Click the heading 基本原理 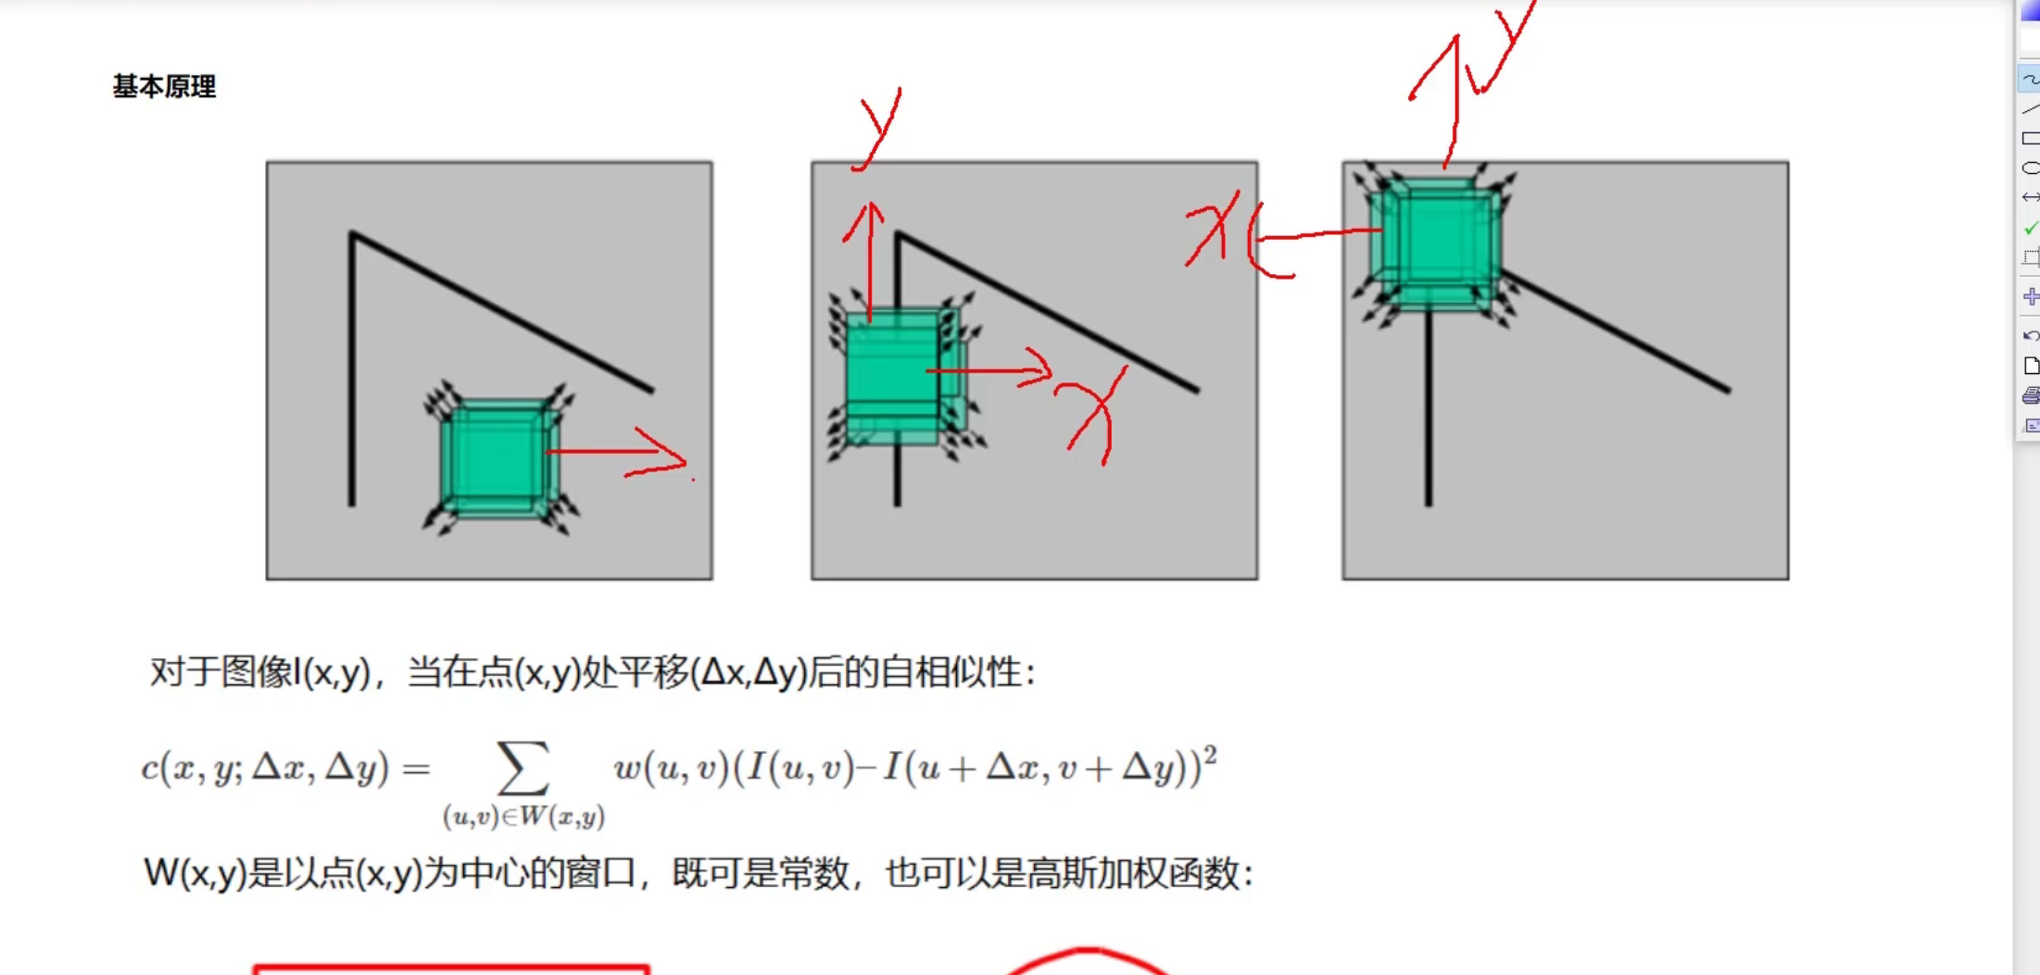[x=164, y=87]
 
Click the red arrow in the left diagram [x=616, y=453]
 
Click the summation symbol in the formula [x=523, y=768]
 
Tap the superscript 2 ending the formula [x=1209, y=756]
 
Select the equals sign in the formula [x=416, y=769]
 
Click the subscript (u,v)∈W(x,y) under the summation [x=523, y=817]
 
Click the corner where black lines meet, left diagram [x=352, y=233]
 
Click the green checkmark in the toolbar [x=2031, y=228]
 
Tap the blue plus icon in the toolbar [x=2031, y=296]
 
